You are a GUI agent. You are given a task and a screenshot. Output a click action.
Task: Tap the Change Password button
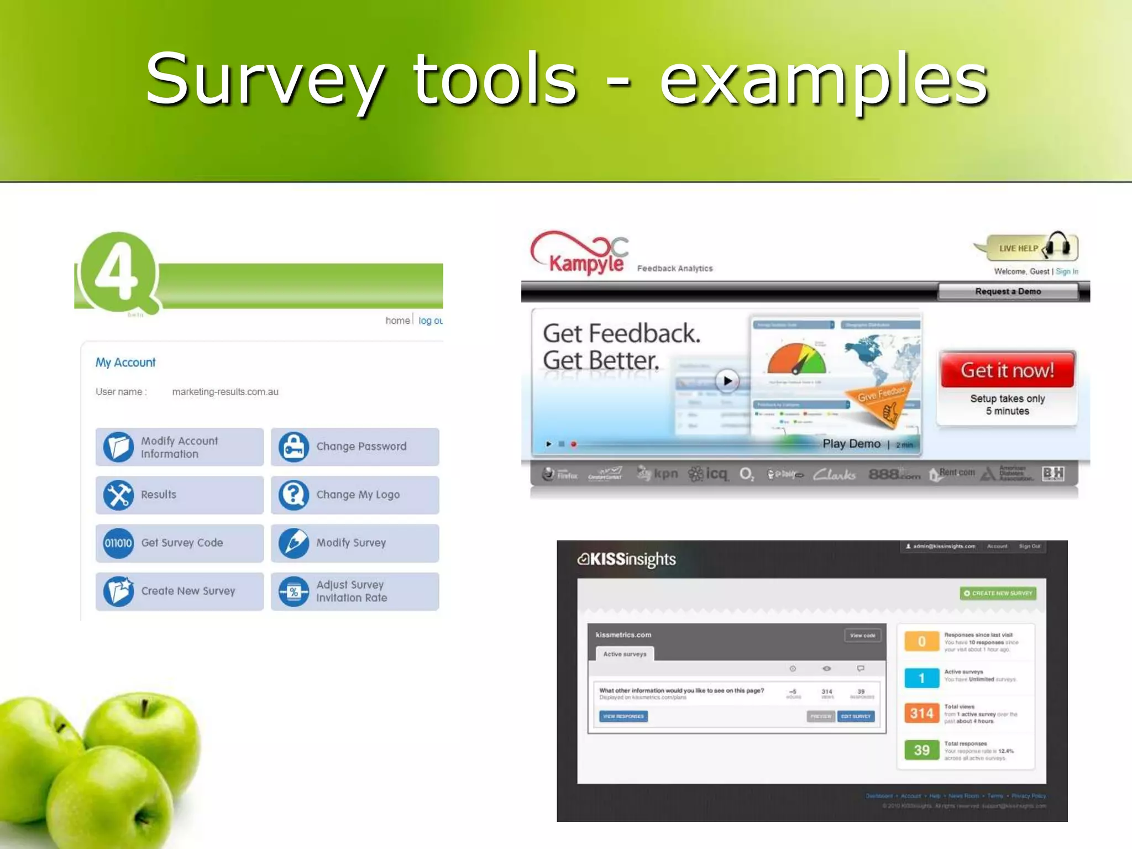pos(355,447)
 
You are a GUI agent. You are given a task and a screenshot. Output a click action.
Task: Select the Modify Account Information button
pos(179,447)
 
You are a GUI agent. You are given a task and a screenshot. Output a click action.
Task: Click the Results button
pos(179,495)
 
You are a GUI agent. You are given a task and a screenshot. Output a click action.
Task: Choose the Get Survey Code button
pos(179,543)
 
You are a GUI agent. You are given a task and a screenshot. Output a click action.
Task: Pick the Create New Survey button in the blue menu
pos(179,591)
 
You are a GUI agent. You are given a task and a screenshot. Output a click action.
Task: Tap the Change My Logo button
pos(355,495)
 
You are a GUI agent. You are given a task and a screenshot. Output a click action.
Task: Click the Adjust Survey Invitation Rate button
pos(355,591)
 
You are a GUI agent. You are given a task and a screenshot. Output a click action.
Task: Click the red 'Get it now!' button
pos(1007,370)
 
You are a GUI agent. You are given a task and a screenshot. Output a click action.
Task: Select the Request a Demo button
pos(1008,291)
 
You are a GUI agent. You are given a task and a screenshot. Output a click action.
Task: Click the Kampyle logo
pos(580,254)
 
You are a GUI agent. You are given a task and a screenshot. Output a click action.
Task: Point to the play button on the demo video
pos(727,380)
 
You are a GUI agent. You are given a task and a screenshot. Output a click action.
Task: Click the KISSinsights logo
pos(627,559)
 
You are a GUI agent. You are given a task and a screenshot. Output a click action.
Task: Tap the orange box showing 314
pos(921,713)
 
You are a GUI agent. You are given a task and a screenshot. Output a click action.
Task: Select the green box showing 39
pos(921,750)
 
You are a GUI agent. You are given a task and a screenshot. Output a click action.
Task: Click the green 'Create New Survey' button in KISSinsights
pos(998,593)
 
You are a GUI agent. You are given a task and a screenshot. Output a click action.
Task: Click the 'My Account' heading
pos(125,363)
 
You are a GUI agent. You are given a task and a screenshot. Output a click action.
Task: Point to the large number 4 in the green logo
pos(117,272)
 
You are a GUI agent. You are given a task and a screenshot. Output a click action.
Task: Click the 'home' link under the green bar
pos(397,321)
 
